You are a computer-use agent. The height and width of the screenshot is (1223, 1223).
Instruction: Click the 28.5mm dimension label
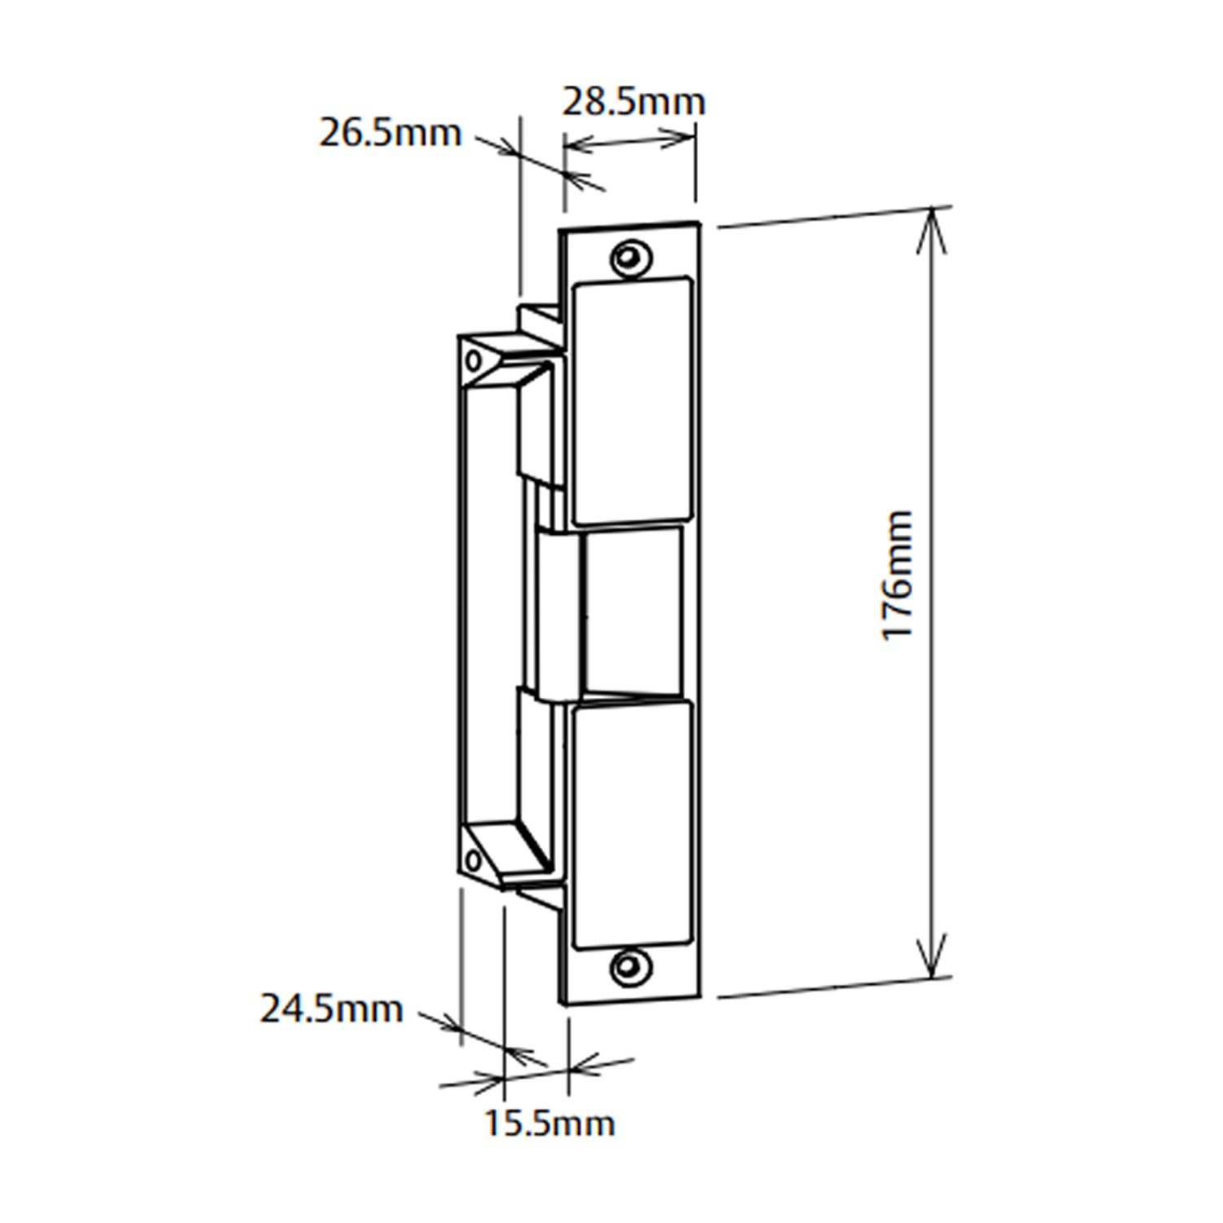pyautogui.click(x=633, y=102)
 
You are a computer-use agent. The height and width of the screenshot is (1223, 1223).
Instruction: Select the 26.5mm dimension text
pyautogui.click(x=390, y=133)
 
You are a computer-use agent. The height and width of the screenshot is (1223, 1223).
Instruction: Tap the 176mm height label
pyautogui.click(x=898, y=576)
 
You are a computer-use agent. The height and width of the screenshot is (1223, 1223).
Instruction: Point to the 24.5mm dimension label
pyautogui.click(x=331, y=1009)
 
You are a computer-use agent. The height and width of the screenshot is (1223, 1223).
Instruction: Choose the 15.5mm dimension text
pyautogui.click(x=550, y=1124)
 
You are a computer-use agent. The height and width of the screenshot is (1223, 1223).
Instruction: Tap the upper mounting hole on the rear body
pyautogui.click(x=471, y=359)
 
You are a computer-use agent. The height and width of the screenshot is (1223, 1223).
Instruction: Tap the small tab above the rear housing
pyautogui.click(x=539, y=319)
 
